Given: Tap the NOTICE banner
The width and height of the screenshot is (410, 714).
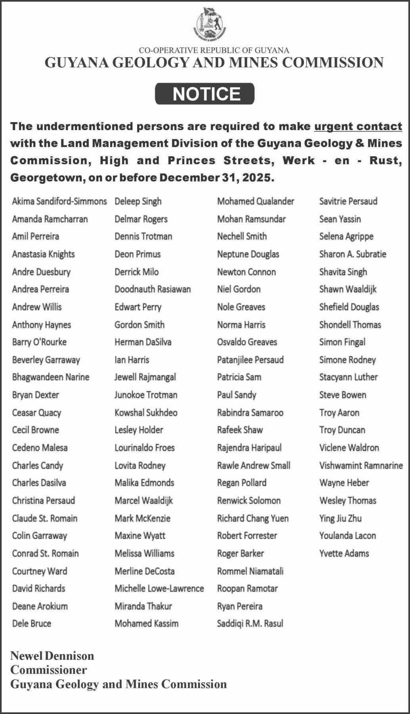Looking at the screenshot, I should [205, 94].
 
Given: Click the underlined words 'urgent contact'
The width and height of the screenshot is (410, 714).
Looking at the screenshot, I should [358, 127].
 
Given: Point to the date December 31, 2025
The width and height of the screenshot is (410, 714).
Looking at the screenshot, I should [216, 178].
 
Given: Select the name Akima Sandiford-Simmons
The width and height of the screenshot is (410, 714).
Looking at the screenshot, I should [59, 202].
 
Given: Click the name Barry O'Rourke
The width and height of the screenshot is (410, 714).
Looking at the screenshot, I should [39, 342].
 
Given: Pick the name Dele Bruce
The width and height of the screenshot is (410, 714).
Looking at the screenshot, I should [32, 624].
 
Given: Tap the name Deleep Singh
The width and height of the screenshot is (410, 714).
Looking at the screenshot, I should [138, 202].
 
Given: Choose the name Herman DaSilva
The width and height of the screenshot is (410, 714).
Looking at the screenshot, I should [143, 342].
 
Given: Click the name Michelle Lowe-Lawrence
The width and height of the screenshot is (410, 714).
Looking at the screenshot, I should [159, 589].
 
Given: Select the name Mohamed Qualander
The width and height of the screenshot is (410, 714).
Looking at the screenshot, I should [255, 202].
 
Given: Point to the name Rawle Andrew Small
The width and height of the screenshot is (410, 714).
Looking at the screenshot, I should [253, 465].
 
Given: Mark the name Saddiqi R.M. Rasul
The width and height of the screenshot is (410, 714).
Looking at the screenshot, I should [250, 624].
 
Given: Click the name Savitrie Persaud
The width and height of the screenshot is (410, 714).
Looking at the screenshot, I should [348, 202].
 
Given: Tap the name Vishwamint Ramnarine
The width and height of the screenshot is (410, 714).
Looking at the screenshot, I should [361, 465].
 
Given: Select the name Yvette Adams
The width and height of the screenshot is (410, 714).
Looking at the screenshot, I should [344, 553].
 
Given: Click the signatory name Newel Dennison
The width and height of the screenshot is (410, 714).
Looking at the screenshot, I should [52, 656].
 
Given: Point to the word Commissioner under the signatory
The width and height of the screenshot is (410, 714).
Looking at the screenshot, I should [48, 670].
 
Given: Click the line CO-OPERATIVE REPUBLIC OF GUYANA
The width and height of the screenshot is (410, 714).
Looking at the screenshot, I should [214, 50].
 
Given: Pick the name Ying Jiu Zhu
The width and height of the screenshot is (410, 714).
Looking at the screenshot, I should [340, 518].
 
